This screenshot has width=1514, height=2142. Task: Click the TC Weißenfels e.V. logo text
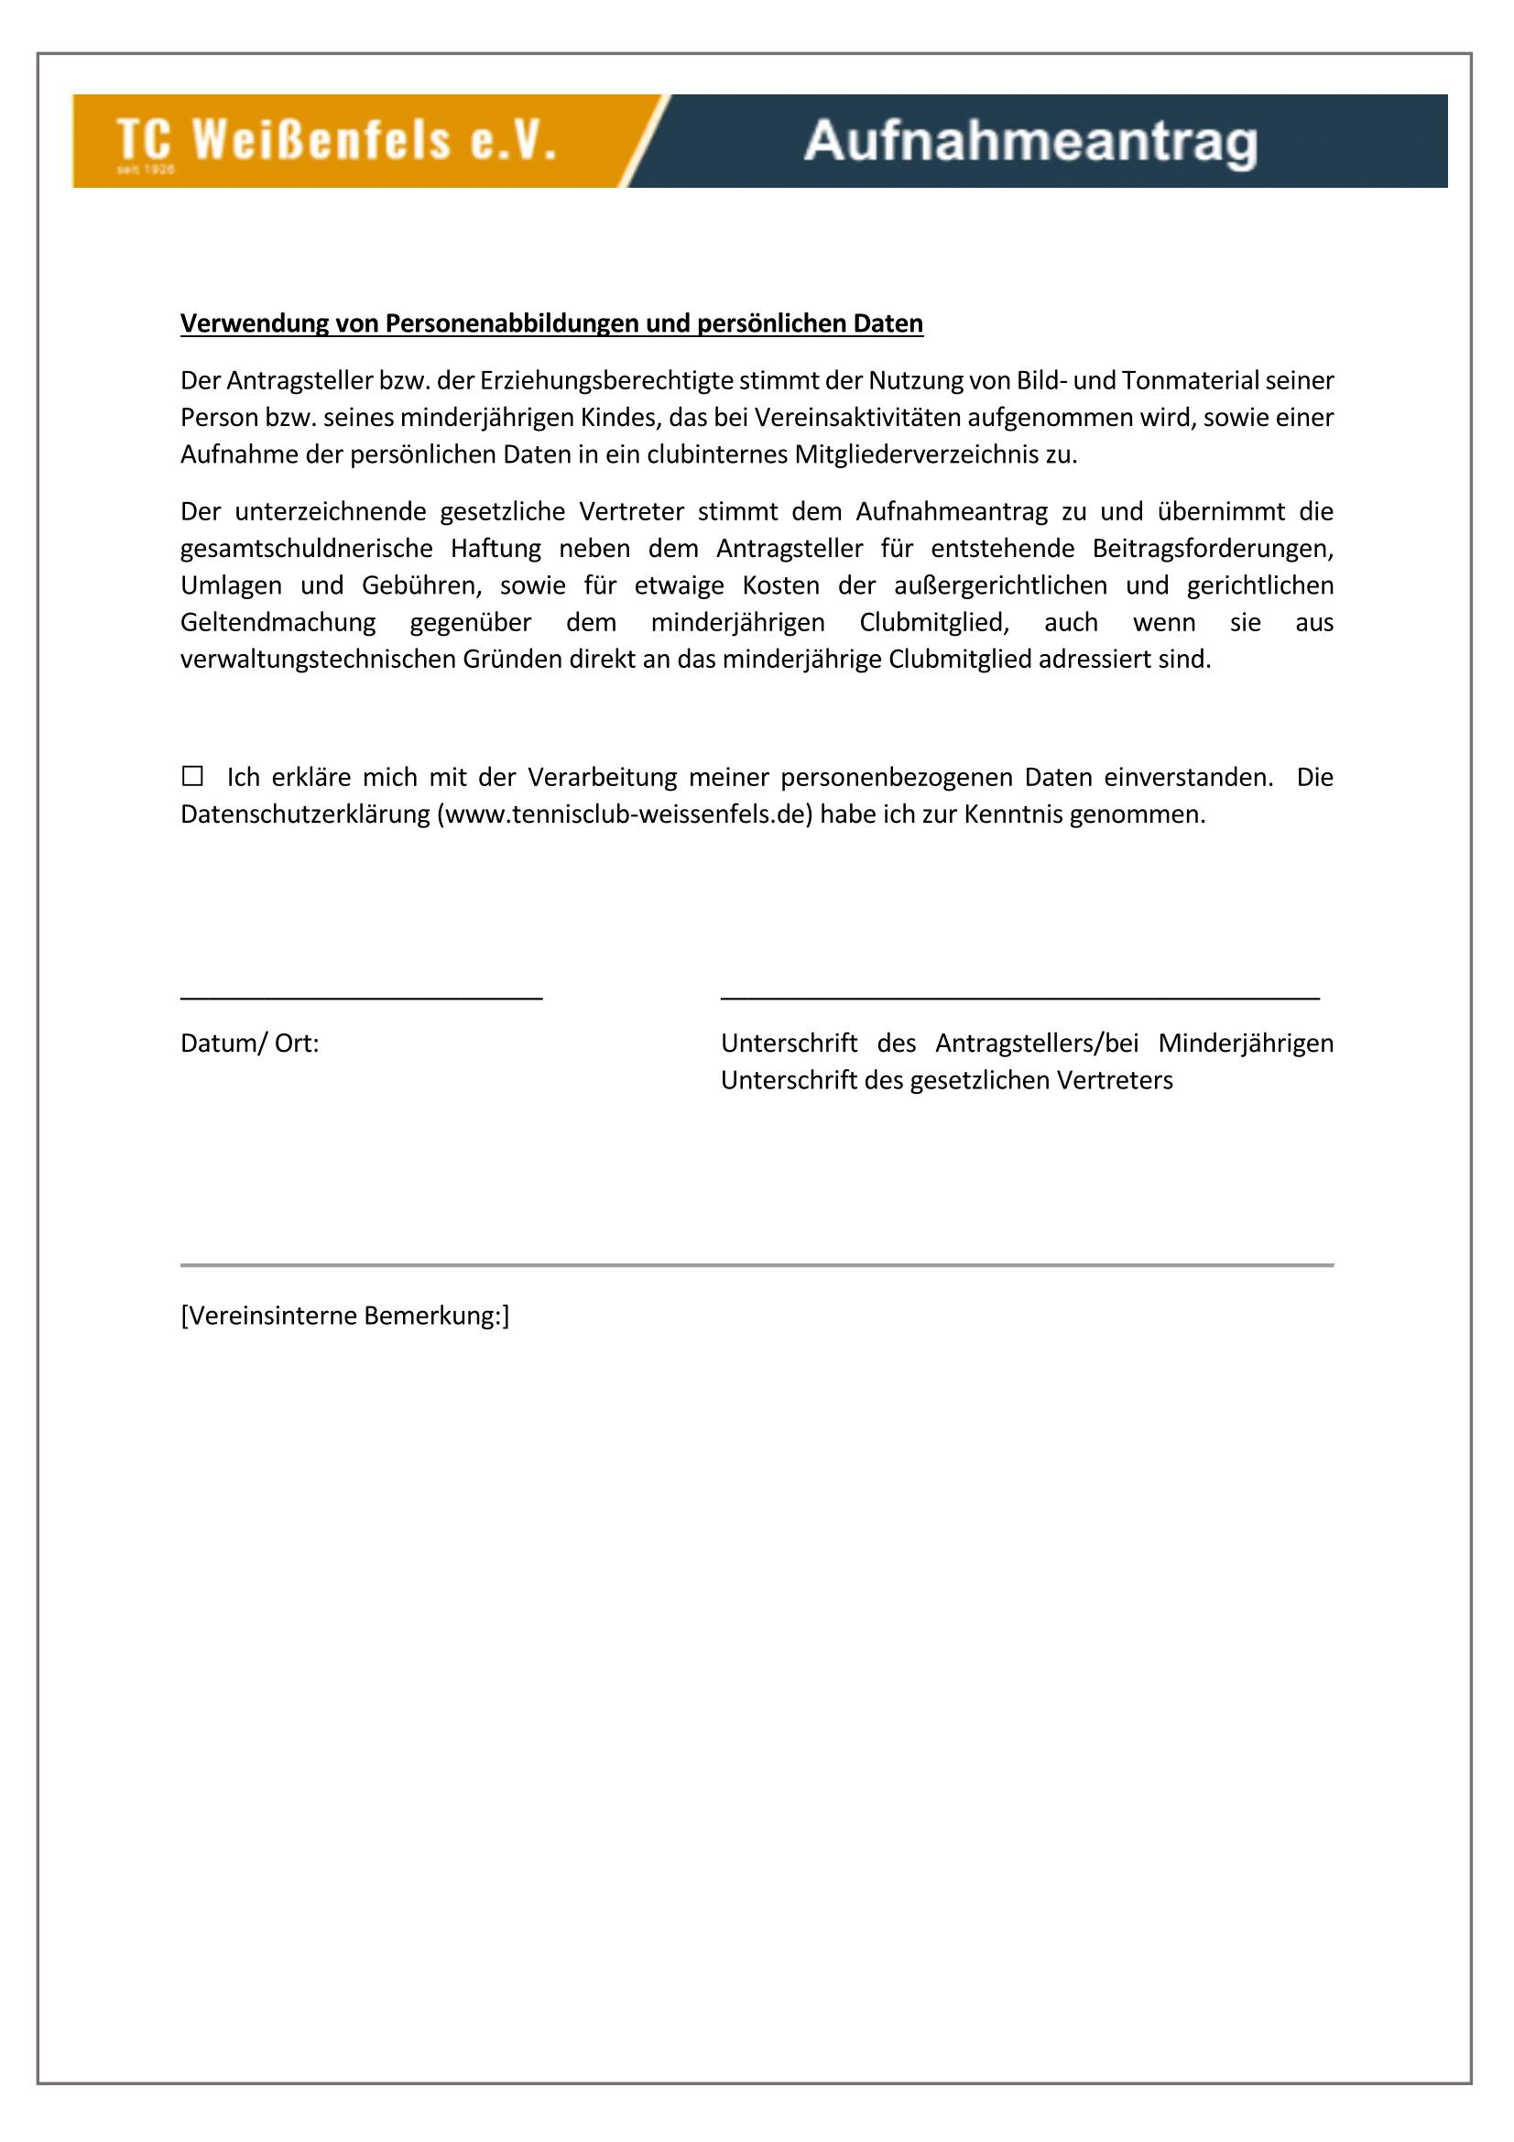(x=336, y=140)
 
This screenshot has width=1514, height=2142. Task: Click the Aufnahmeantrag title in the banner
(x=1029, y=143)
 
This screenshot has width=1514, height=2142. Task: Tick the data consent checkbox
(x=192, y=776)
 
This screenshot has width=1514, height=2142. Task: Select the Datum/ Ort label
(x=249, y=1043)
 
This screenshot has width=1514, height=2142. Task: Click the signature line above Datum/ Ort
(x=361, y=999)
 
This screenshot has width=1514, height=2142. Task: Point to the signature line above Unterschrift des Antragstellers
(x=1019, y=999)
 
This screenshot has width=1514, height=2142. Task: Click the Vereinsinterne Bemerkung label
(x=344, y=1316)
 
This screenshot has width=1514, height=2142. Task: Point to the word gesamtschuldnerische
(x=306, y=549)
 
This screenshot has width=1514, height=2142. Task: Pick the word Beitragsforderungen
(x=1212, y=549)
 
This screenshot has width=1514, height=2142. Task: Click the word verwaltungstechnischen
(x=318, y=660)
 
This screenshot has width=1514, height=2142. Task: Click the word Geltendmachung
(x=278, y=622)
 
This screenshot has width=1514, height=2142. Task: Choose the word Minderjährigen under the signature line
(x=1246, y=1043)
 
